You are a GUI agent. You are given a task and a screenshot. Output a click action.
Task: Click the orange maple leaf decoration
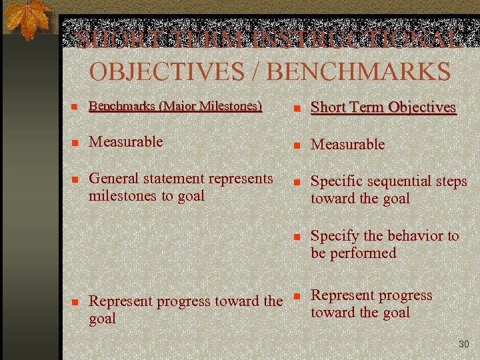coord(27,20)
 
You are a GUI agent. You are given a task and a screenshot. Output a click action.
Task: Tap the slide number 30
coord(463,344)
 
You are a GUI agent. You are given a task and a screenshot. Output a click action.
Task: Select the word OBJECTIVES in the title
coord(167,71)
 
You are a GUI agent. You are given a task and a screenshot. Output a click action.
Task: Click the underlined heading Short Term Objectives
coord(383,107)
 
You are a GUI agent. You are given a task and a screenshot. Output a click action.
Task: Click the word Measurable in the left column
coord(126,141)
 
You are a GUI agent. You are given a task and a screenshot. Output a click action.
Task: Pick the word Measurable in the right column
coord(348,144)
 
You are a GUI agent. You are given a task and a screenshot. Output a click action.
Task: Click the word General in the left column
coord(113,179)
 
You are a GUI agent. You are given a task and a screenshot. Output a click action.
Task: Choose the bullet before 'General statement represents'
coord(75,179)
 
